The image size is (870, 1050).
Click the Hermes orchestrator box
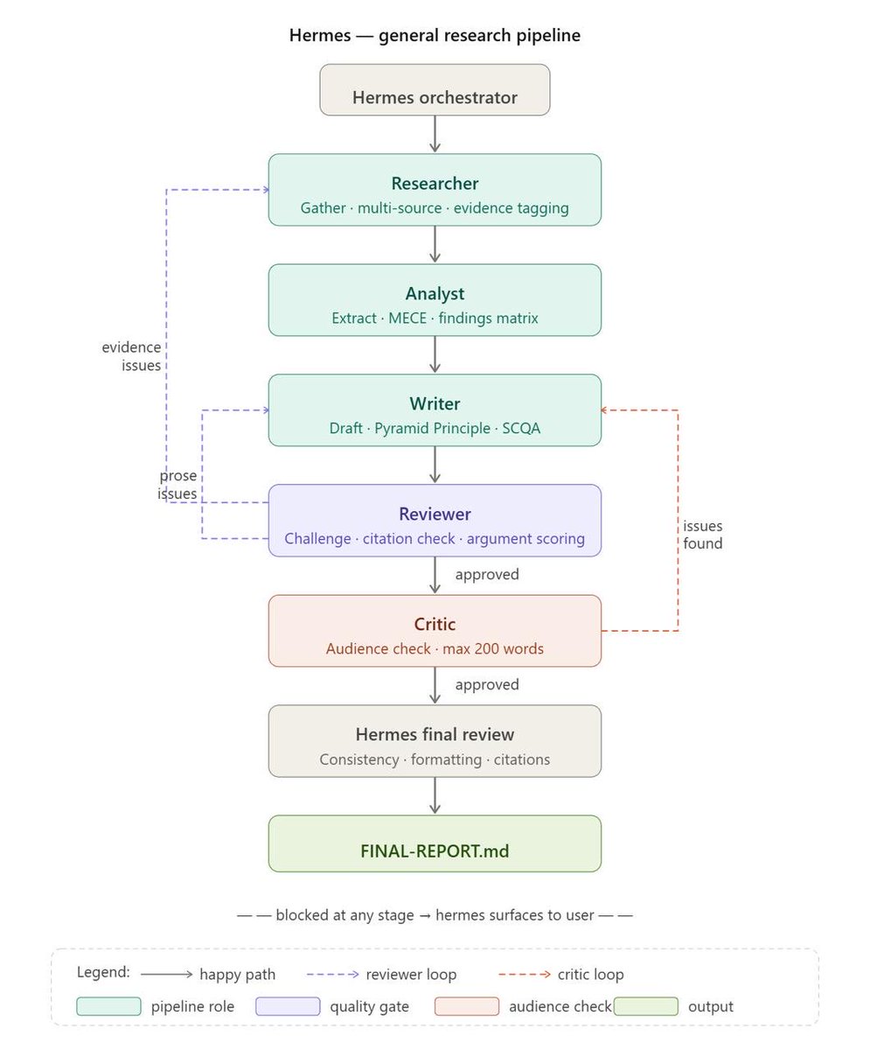click(x=435, y=89)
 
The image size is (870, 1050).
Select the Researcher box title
click(x=435, y=184)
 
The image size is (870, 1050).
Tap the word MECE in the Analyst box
click(x=407, y=318)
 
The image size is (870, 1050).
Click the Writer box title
click(x=435, y=403)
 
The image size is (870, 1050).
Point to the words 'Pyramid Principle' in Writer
click(x=432, y=429)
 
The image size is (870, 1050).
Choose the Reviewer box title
click(x=435, y=514)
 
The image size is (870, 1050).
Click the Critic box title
click(x=435, y=624)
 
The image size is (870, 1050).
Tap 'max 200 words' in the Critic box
click(x=493, y=648)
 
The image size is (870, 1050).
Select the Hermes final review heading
click(x=435, y=735)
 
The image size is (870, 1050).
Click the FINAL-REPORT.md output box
click(x=435, y=843)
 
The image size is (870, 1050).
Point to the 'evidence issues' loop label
click(x=131, y=356)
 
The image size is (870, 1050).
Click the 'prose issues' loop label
click(x=177, y=484)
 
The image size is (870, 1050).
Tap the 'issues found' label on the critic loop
click(x=703, y=535)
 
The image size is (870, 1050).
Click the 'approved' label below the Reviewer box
click(x=487, y=574)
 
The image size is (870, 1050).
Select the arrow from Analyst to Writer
click(x=435, y=354)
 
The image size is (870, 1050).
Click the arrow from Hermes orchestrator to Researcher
click(x=435, y=134)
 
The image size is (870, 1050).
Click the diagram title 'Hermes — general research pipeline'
click(x=435, y=35)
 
